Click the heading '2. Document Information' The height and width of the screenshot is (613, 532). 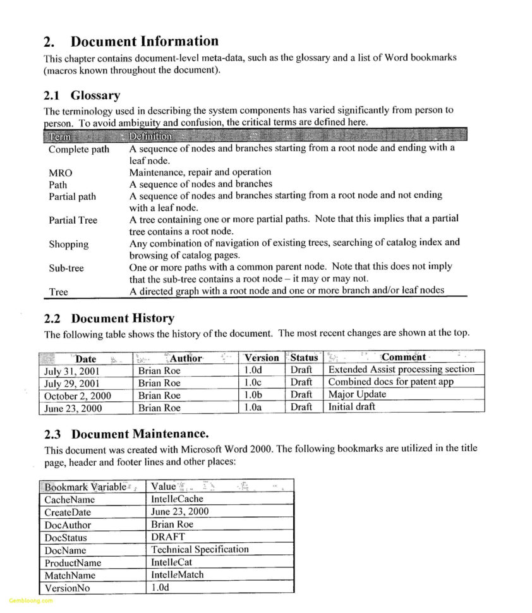[131, 42]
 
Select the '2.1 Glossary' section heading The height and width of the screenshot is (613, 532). [82, 95]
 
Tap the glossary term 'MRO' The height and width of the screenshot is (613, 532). [61, 173]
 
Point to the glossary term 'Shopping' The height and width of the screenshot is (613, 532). [68, 244]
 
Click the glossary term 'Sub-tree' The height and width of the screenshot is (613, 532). [66, 268]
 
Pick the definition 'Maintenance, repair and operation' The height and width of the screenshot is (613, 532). [200, 172]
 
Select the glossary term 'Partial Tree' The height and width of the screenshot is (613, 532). [73, 220]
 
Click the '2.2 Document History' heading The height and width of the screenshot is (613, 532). [109, 319]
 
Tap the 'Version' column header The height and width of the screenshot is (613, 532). [261, 358]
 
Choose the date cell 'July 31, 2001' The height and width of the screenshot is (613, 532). [72, 371]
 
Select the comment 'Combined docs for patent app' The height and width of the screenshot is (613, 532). [390, 382]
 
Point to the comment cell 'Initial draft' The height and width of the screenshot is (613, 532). [351, 407]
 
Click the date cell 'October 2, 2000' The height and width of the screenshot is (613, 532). [76, 396]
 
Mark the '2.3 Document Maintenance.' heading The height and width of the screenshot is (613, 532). [126, 434]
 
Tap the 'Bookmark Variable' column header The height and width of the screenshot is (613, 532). [85, 487]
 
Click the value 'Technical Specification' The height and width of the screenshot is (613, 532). [200, 549]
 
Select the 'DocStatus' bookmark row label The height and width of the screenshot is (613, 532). [66, 538]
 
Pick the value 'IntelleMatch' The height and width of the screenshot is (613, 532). [177, 574]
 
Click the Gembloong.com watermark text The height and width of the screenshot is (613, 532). [31, 600]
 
